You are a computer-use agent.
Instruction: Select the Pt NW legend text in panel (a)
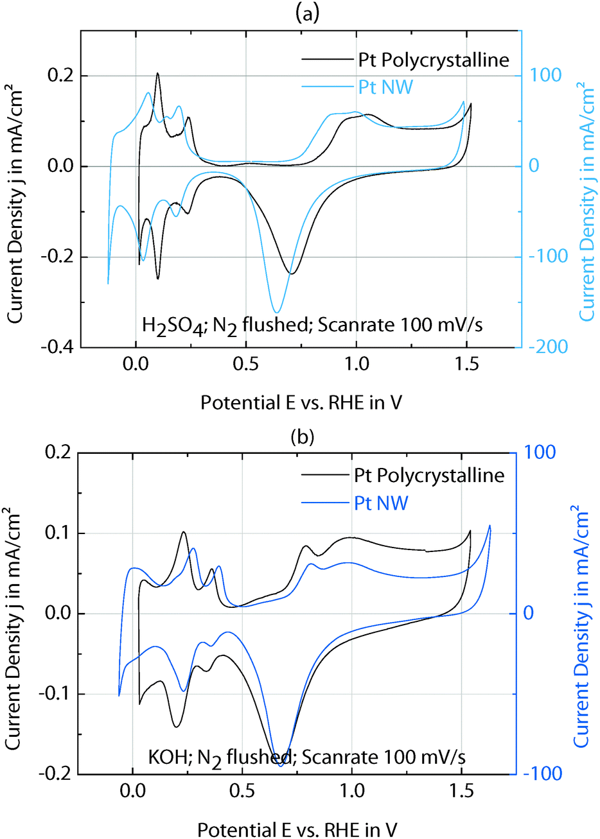click(x=385, y=87)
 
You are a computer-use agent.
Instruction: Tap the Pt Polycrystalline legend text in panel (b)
click(x=429, y=475)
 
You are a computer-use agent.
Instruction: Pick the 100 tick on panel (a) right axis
click(x=546, y=75)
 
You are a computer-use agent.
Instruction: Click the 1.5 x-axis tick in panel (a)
click(x=466, y=365)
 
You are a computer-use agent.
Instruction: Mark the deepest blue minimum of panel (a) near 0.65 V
click(x=278, y=312)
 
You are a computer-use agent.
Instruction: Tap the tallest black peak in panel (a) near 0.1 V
click(x=157, y=73)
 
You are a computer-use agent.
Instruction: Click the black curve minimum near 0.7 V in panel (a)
click(x=292, y=274)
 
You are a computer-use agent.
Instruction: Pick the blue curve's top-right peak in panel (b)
click(x=490, y=526)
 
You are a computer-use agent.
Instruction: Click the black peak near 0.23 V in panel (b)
click(x=184, y=532)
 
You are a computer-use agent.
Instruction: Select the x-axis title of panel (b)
click(x=297, y=829)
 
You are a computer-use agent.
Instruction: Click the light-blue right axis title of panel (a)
click(x=587, y=201)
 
